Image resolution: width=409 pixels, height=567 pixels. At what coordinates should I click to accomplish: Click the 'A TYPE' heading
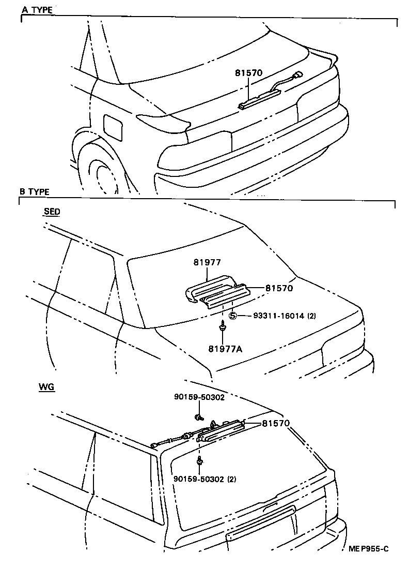pyautogui.click(x=37, y=10)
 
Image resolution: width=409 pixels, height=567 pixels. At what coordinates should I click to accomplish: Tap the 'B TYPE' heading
pyautogui.click(x=35, y=191)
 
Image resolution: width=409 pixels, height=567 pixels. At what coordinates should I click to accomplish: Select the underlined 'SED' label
pyautogui.click(x=52, y=212)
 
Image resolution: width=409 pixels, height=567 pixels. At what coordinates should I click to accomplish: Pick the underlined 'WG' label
pyautogui.click(x=46, y=386)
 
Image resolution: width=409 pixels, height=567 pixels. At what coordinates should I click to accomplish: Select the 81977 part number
pyautogui.click(x=207, y=263)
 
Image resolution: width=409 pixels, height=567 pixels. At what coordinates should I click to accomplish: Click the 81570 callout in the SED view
pyautogui.click(x=279, y=288)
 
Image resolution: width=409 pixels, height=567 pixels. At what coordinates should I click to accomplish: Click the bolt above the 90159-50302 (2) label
pyautogui.click(x=199, y=460)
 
